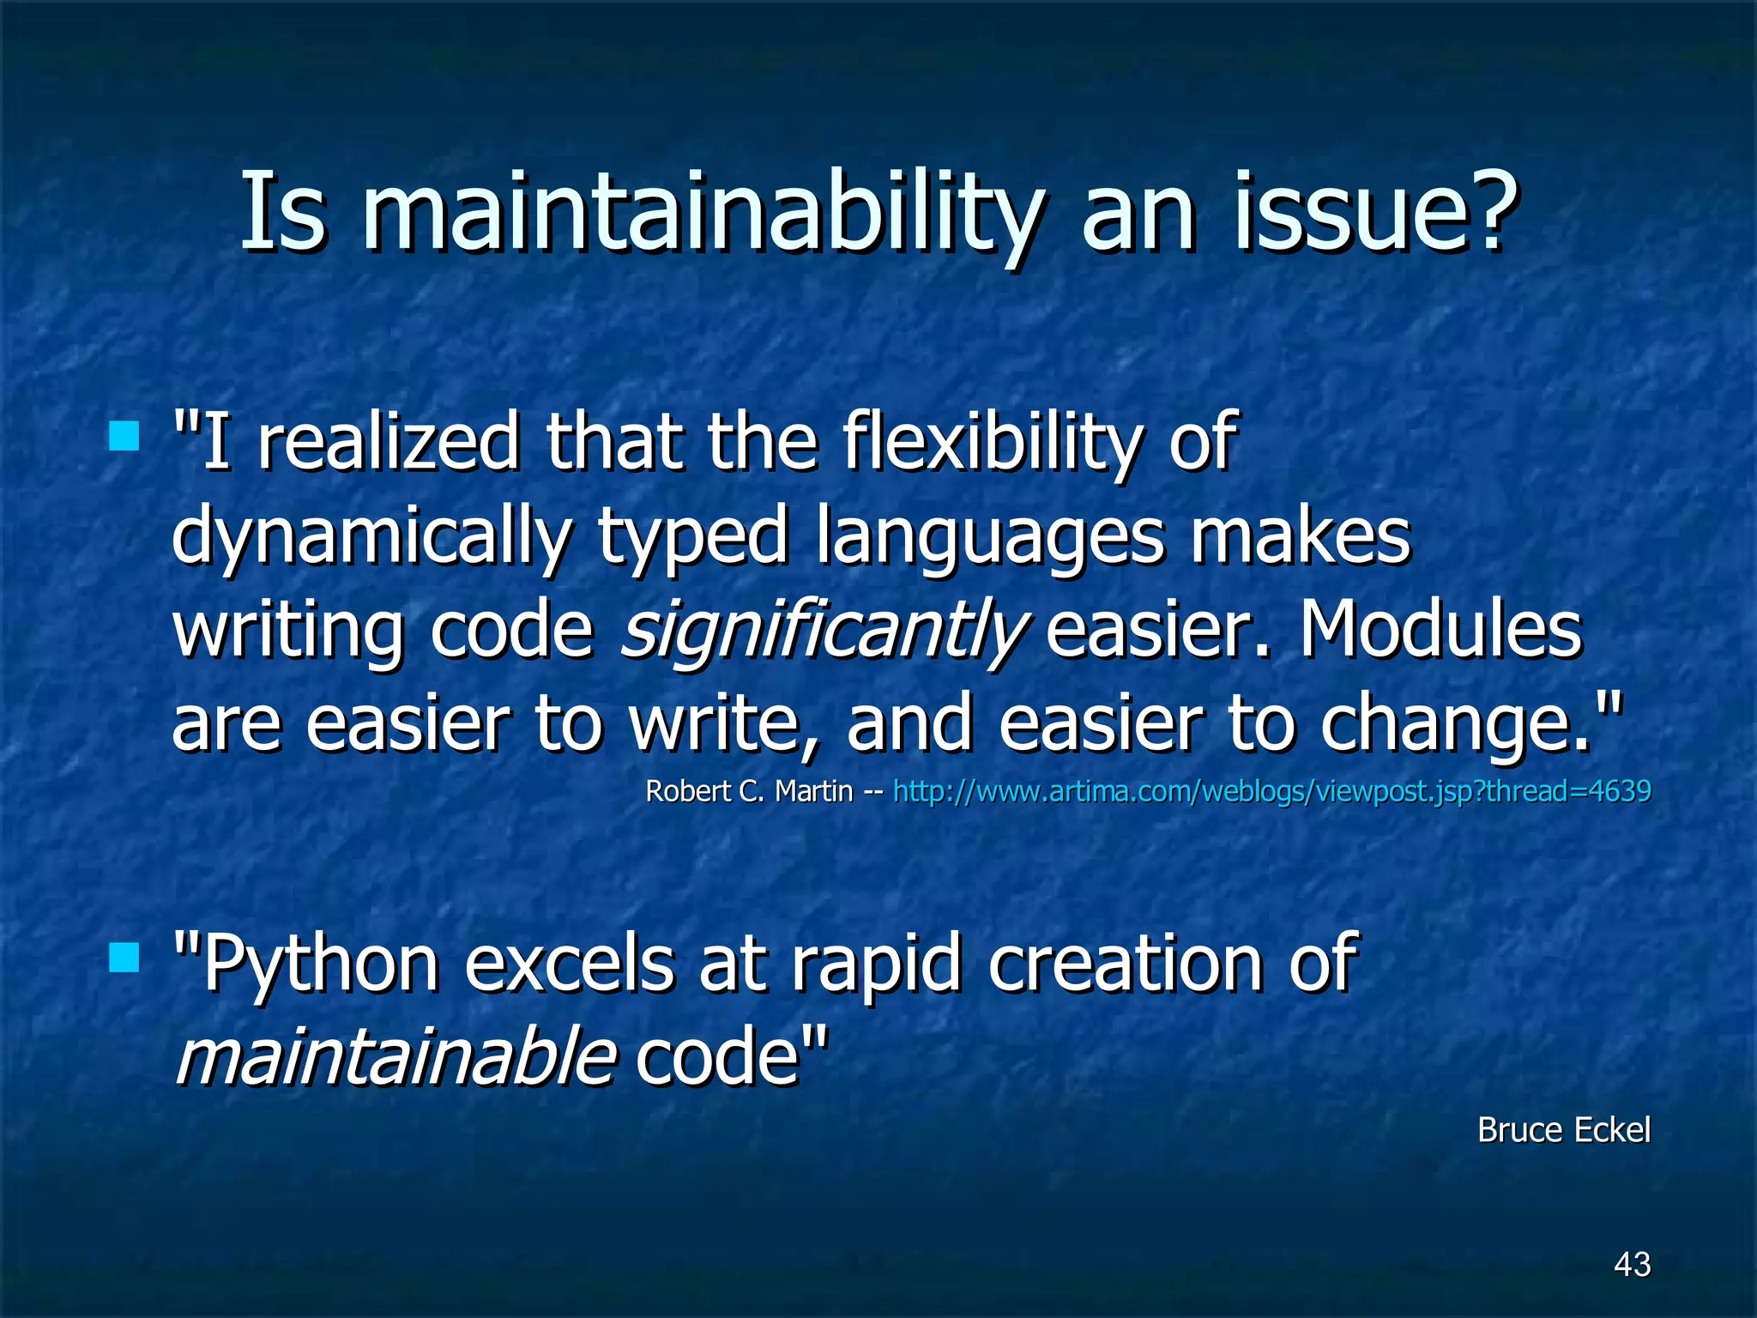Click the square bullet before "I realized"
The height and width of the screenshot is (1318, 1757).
[124, 436]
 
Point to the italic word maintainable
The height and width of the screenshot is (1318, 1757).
[395, 1057]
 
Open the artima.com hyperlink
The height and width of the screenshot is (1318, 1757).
[1271, 791]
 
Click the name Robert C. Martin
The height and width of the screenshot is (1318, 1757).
[748, 791]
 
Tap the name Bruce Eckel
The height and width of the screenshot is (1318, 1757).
[1563, 1130]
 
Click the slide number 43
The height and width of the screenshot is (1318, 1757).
[1632, 1264]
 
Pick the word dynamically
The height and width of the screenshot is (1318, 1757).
[371, 536]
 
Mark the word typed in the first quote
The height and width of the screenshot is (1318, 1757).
[691, 536]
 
